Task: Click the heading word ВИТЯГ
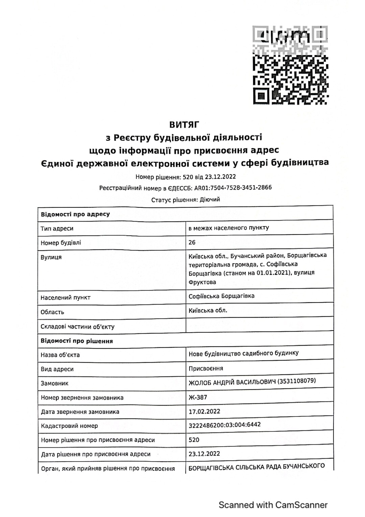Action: [184, 125]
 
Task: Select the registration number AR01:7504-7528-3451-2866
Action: [233, 187]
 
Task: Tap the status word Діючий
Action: [210, 199]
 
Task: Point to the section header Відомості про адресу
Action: [75, 214]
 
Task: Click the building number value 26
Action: [192, 242]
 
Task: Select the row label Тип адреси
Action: [57, 228]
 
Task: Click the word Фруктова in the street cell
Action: [202, 282]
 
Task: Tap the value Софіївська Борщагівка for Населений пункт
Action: [221, 296]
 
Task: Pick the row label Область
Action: [52, 312]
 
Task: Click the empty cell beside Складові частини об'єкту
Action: [259, 326]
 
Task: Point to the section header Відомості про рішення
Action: [77, 341]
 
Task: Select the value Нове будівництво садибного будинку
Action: [243, 354]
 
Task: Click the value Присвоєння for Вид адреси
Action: [206, 368]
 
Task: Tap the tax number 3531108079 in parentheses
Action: [296, 381]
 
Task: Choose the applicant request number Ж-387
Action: [198, 397]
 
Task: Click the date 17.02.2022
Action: [204, 411]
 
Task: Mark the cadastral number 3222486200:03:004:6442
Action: [224, 425]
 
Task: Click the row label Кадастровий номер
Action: [69, 426]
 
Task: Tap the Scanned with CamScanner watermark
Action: [273, 505]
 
